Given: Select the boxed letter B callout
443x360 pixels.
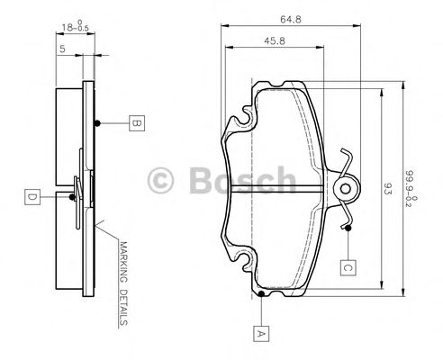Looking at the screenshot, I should pyautogui.click(x=134, y=123).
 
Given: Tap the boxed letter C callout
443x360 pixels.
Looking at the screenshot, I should pyautogui.click(x=347, y=266).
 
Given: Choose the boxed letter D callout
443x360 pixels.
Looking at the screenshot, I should pyautogui.click(x=31, y=194).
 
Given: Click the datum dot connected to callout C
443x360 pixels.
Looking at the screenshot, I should pyautogui.click(x=347, y=227).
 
